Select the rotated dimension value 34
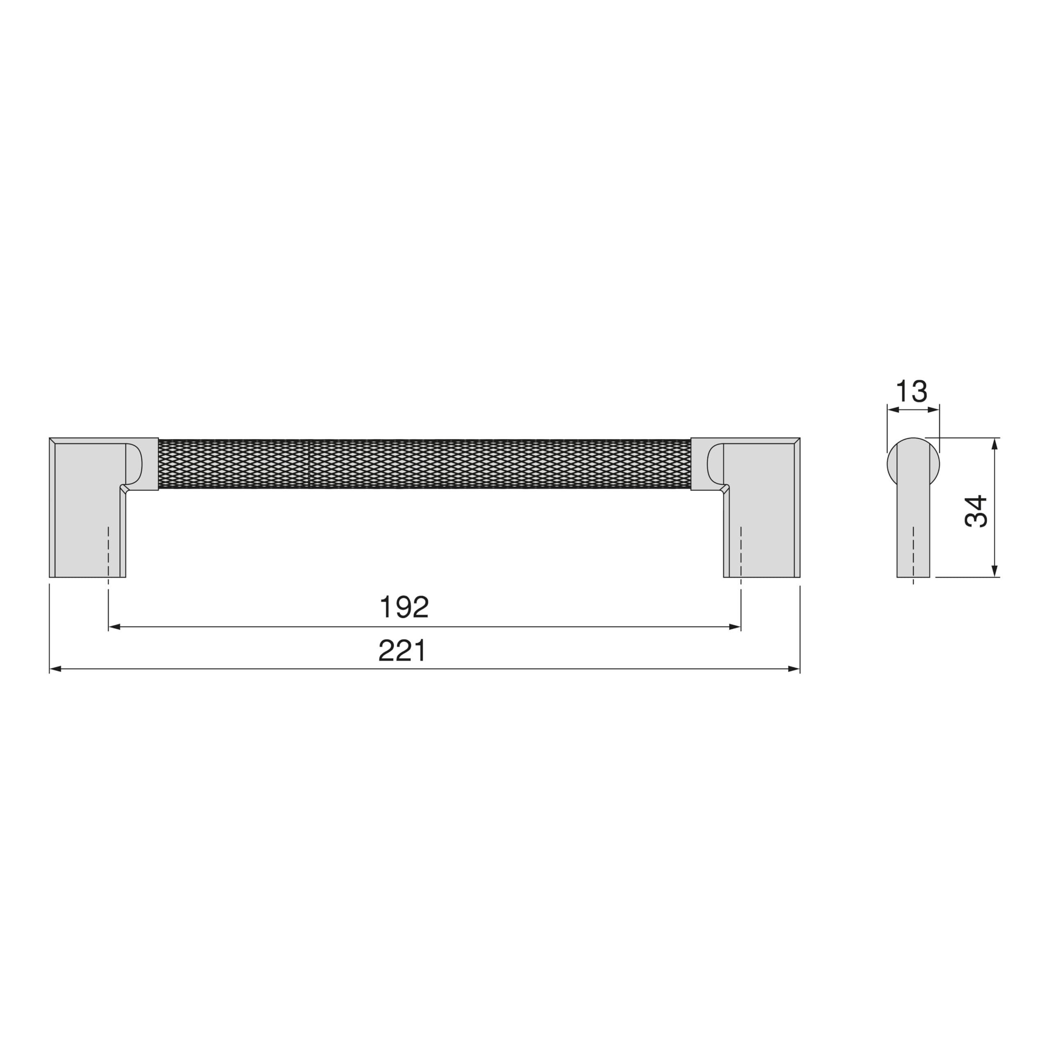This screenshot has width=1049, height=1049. [x=976, y=511]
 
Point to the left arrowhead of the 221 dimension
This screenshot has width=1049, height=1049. [x=55, y=669]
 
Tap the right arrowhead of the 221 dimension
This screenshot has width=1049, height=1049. [x=794, y=669]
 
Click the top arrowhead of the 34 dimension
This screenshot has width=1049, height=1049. [x=995, y=444]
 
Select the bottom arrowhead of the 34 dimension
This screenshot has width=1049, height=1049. [x=995, y=571]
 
